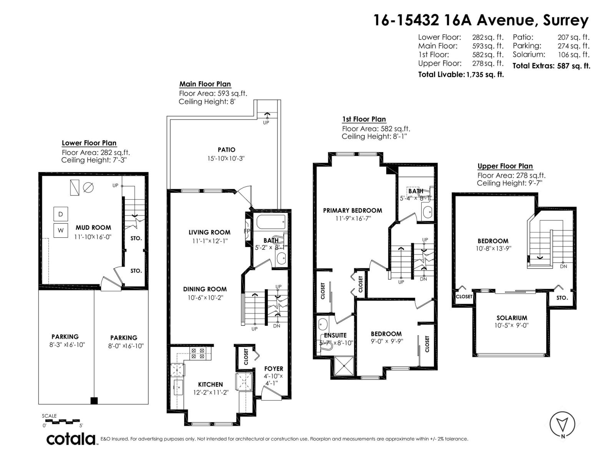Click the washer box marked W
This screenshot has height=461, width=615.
coord(61,230)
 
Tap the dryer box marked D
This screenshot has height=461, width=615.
coord(61,214)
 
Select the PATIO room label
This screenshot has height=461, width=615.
coord(226,150)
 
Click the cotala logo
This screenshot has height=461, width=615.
coord(71,439)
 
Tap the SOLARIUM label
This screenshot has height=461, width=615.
coord(512,318)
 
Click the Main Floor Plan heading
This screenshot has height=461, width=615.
coord(205,84)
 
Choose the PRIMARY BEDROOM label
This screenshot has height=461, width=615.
coord(352,211)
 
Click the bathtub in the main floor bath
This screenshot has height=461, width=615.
coord(271,222)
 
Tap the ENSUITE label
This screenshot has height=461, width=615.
coord(335,335)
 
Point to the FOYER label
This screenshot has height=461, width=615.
coord(273,369)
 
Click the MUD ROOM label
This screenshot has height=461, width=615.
coord(93,228)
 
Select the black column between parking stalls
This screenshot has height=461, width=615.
coord(94,401)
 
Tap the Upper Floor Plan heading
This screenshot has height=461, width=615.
coord(505,166)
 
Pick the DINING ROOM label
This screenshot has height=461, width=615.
coord(204,289)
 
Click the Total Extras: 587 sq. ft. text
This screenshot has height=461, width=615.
coord(551,66)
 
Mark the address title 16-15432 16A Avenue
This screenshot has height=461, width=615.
coord(480,20)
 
